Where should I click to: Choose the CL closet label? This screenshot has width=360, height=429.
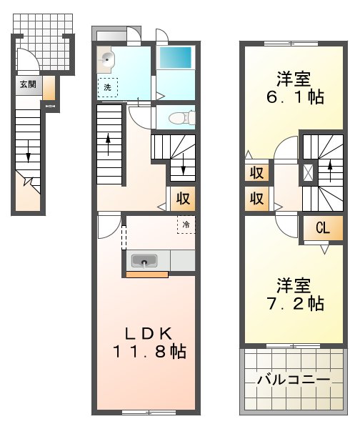(322, 229)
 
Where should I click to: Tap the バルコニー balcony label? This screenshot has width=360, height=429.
(293, 380)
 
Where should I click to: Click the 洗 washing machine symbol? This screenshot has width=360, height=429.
(107, 87)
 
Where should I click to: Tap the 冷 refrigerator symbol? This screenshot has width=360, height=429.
(185, 225)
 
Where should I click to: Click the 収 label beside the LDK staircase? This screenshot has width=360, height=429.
(182, 198)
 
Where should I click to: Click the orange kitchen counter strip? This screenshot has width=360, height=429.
(148, 274)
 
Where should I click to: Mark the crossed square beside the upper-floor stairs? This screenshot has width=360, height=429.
(308, 172)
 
